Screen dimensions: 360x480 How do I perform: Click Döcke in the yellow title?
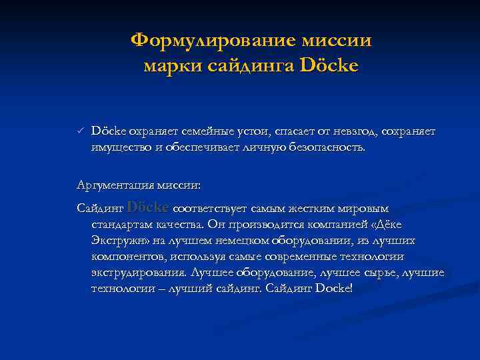point(329,66)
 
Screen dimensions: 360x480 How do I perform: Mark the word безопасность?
point(327,147)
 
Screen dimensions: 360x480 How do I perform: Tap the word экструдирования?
point(138,273)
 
